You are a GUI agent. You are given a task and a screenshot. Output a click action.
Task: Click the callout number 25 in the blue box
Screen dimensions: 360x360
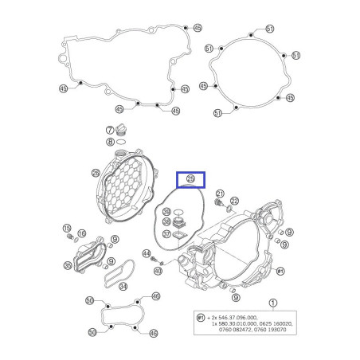coord(190,179)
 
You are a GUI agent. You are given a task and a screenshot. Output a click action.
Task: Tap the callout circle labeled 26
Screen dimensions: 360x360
coord(96,173)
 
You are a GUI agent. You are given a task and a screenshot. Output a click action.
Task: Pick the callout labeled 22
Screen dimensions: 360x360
coord(234,201)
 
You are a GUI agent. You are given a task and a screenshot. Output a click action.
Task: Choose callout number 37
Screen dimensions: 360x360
coord(166,234)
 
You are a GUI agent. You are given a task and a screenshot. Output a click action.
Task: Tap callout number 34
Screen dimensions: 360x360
coord(122,285)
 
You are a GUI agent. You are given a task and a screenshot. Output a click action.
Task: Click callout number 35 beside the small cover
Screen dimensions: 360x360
coord(68,266)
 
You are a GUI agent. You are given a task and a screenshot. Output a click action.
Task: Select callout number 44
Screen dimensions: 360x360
coord(147,254)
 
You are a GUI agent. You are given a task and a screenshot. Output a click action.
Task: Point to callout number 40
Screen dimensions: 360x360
coord(158,271)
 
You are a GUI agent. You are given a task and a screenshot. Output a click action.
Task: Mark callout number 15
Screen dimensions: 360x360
coord(68,229)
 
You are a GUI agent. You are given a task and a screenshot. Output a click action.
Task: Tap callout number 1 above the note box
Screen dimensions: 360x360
coord(273,303)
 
